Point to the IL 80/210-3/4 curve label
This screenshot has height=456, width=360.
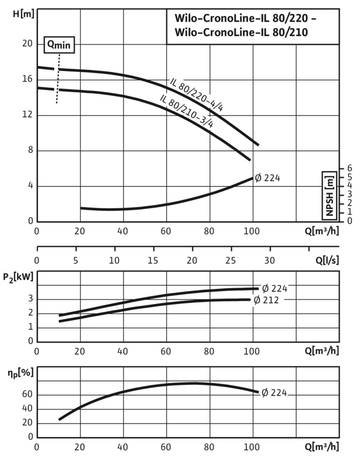point(186,111)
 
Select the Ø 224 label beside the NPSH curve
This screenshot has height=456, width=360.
point(267,178)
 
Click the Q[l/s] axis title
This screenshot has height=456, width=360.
point(326,261)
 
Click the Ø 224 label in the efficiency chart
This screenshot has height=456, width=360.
point(274,393)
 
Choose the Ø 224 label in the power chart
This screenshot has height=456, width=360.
point(274,289)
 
